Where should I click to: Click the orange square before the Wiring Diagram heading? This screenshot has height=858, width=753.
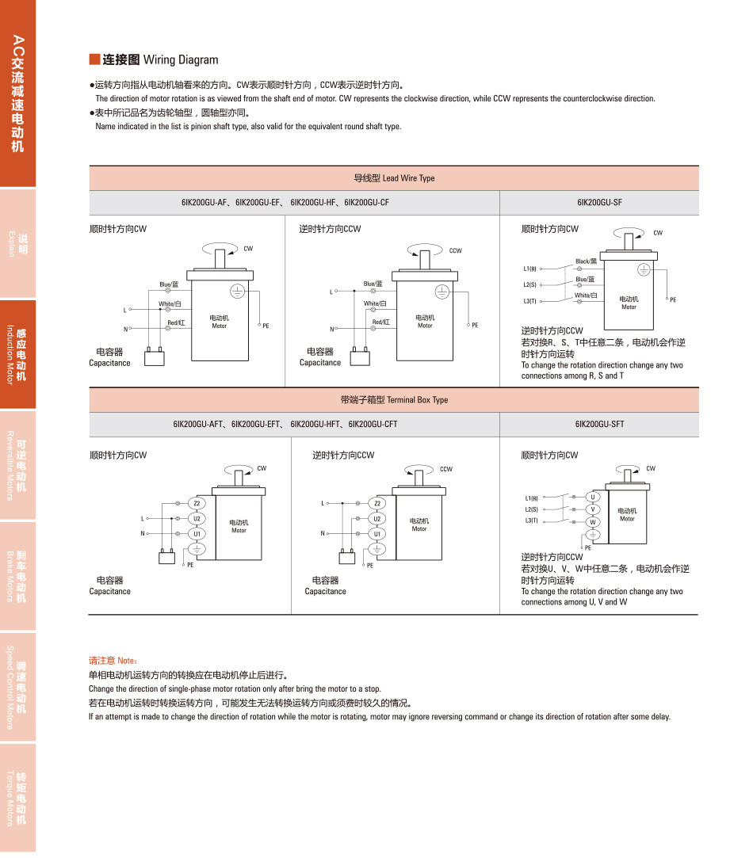point(94,59)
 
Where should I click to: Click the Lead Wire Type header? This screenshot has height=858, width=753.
point(394,178)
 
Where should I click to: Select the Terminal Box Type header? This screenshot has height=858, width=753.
point(394,400)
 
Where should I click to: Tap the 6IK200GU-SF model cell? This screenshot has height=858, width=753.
point(599,203)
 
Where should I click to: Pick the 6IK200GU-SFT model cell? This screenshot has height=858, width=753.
point(599,425)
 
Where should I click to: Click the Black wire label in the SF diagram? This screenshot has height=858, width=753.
point(586,261)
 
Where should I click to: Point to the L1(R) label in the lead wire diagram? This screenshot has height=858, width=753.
point(530,269)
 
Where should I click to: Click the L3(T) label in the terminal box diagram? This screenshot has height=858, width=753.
point(531,521)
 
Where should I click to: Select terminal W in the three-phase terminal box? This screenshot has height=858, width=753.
point(593,522)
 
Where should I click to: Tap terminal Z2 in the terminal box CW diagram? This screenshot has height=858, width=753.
point(197,503)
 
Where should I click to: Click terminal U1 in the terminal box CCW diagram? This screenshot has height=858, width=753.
point(377,534)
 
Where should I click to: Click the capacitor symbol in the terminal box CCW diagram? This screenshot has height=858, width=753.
point(346,556)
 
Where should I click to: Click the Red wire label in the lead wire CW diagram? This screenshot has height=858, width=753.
point(176,322)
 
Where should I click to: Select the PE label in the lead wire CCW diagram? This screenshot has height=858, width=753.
point(475,326)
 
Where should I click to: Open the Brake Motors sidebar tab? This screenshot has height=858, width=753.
point(17,576)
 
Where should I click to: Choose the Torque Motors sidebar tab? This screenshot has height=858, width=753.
point(17,799)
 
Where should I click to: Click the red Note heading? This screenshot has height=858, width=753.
point(113,660)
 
